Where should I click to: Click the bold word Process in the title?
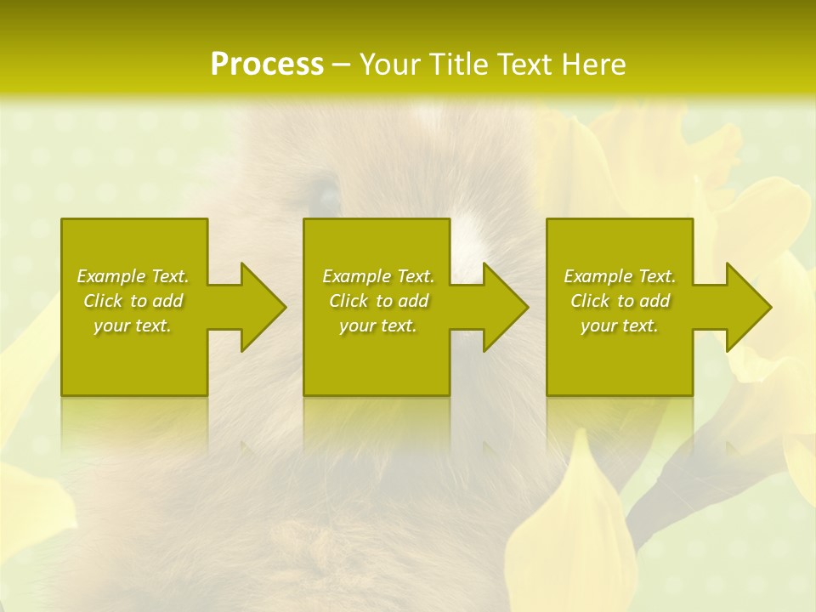267,65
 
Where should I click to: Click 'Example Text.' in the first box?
133,276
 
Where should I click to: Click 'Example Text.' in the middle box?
378,276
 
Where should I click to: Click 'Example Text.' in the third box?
620,276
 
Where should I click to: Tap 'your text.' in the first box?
133,326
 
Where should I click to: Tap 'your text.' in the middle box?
378,326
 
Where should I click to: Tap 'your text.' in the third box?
620,326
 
